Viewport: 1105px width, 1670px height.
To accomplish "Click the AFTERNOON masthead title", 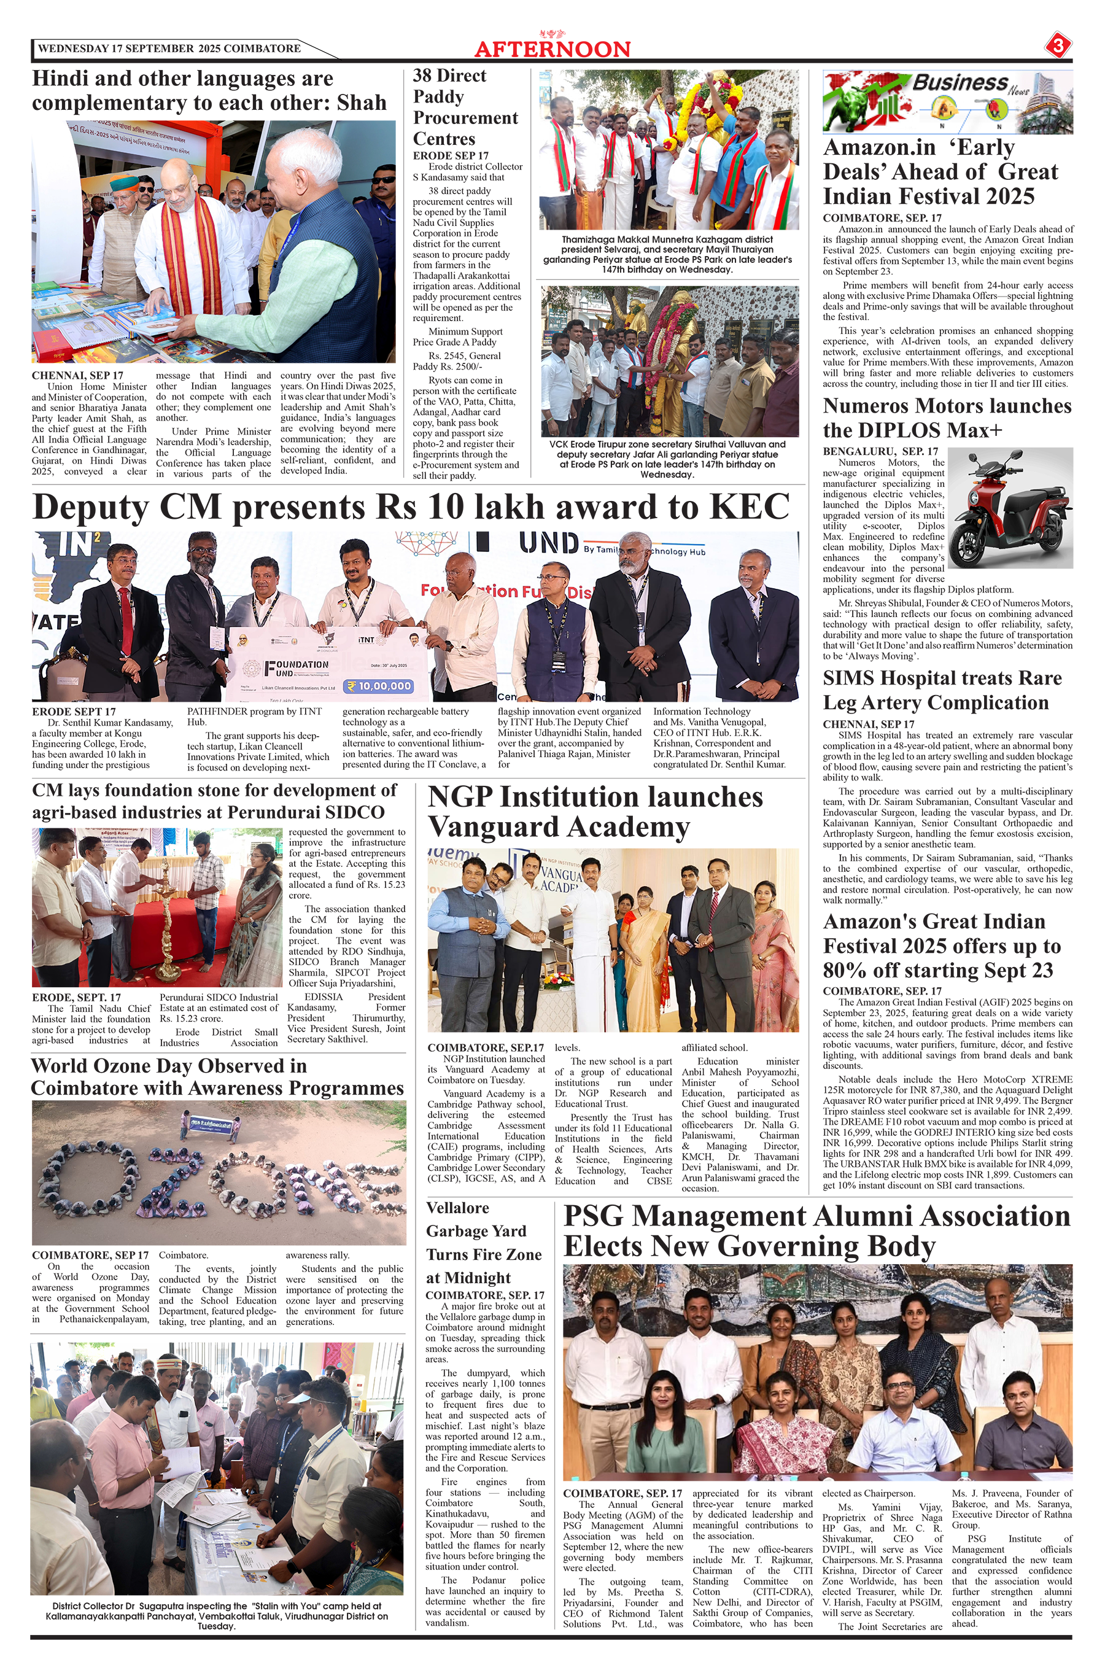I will click(x=552, y=49).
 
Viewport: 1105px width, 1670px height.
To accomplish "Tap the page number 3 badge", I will click(x=1058, y=47).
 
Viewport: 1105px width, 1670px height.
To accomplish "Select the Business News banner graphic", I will click(x=947, y=102).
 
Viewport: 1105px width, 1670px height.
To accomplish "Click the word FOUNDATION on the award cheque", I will click(x=297, y=664).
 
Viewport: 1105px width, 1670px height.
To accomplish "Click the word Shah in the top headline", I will click(x=362, y=103).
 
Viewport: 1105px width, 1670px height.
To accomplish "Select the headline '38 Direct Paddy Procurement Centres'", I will click(x=465, y=107).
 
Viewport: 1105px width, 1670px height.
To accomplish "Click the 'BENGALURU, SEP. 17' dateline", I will click(x=880, y=451).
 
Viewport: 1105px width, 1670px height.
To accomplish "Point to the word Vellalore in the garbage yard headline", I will click(x=457, y=1208).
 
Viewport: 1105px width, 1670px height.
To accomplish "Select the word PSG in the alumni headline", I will click(x=603, y=1217).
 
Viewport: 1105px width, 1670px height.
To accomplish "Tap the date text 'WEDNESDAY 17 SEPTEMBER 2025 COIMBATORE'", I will click(x=169, y=49).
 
